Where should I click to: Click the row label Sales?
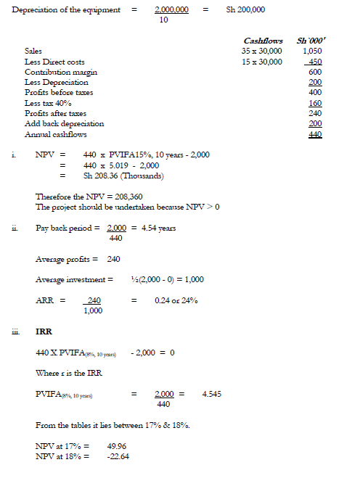(x=33, y=52)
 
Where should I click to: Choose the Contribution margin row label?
(x=61, y=73)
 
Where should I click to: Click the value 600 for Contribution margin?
(x=316, y=73)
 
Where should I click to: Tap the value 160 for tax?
(x=316, y=103)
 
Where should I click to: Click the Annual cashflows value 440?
(x=316, y=134)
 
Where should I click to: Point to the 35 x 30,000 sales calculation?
(x=262, y=52)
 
